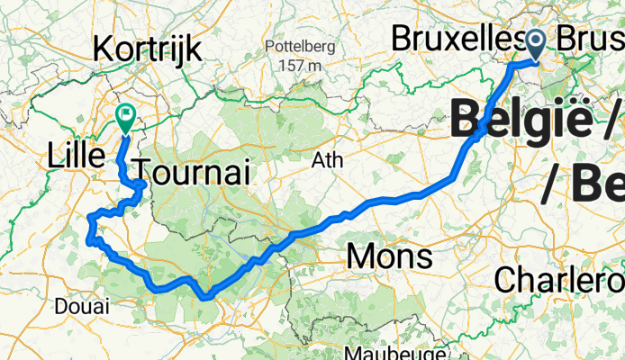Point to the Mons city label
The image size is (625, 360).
[388, 257]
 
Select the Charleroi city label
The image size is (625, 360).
[558, 278]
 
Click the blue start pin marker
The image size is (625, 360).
[536, 42]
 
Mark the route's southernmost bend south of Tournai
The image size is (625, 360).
[206, 294]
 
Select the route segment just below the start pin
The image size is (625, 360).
[522, 64]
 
